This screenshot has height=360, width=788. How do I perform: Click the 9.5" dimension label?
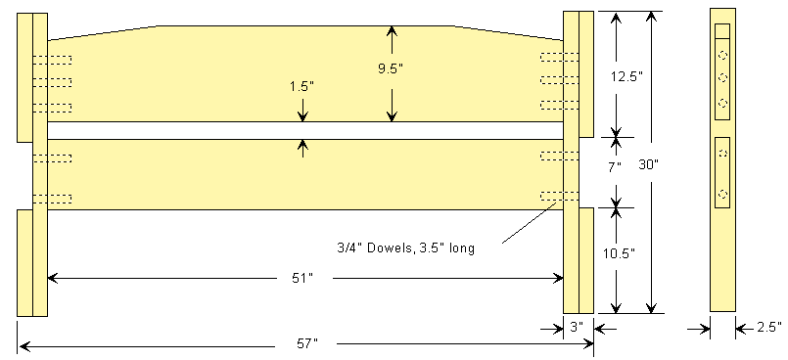coord(391,69)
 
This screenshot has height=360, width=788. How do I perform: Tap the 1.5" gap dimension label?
coord(301,86)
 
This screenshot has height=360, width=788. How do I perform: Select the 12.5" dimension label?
coord(624,77)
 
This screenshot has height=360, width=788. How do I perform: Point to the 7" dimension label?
coord(615,166)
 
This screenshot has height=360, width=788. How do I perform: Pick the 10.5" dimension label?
coord(620,253)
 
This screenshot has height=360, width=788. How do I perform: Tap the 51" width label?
coord(303,278)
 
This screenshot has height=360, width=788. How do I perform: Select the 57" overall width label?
coord(307,344)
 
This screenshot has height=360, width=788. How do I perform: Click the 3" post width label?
coord(577,327)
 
